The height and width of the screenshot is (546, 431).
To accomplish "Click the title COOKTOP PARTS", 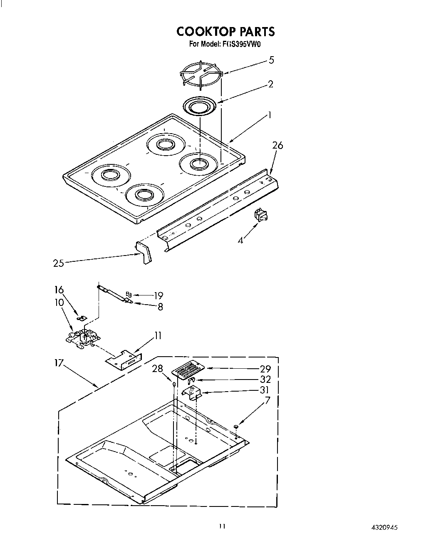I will [x=225, y=32].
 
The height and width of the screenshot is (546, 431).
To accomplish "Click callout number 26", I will [x=277, y=145].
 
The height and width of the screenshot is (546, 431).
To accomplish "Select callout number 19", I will [x=158, y=296].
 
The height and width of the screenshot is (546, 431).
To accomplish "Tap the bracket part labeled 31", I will [x=192, y=393].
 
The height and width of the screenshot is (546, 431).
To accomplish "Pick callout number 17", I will [x=59, y=363].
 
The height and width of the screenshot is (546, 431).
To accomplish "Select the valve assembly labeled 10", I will [x=84, y=336].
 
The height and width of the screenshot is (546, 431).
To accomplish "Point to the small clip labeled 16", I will [x=82, y=318].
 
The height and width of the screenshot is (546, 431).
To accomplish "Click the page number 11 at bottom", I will [x=222, y=526].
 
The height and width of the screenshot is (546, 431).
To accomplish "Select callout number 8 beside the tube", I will [x=160, y=307].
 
